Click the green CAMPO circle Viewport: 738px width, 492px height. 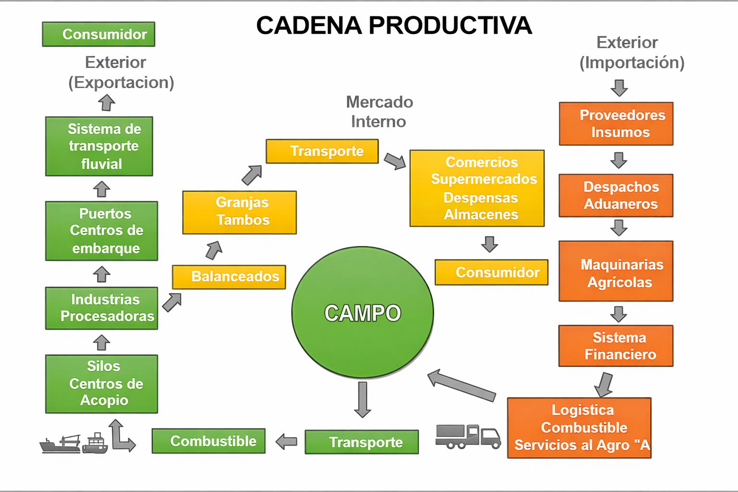click(362, 312)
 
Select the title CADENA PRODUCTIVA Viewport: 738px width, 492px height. click(394, 25)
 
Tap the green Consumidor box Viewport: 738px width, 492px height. click(98, 34)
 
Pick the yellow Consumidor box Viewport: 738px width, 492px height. click(492, 272)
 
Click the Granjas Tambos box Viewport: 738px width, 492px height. click(239, 212)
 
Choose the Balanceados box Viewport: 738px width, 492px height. click(229, 277)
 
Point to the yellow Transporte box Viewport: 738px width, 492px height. click(322, 151)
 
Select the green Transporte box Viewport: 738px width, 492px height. click(362, 442)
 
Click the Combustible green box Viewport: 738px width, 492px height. click(209, 441)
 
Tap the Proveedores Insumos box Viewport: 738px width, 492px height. click(616, 123)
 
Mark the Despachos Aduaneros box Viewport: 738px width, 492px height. click(616, 196)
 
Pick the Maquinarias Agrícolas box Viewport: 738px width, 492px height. click(616, 271)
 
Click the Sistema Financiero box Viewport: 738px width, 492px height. click(616, 346)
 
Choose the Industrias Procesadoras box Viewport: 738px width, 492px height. click(101, 308)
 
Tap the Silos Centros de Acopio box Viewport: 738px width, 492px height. click(101, 384)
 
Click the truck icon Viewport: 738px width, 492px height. click(467, 436)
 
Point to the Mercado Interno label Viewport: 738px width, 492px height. click(379, 111)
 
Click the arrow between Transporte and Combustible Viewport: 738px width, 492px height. click(287, 441)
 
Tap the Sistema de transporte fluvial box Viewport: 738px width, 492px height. click(99, 146)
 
